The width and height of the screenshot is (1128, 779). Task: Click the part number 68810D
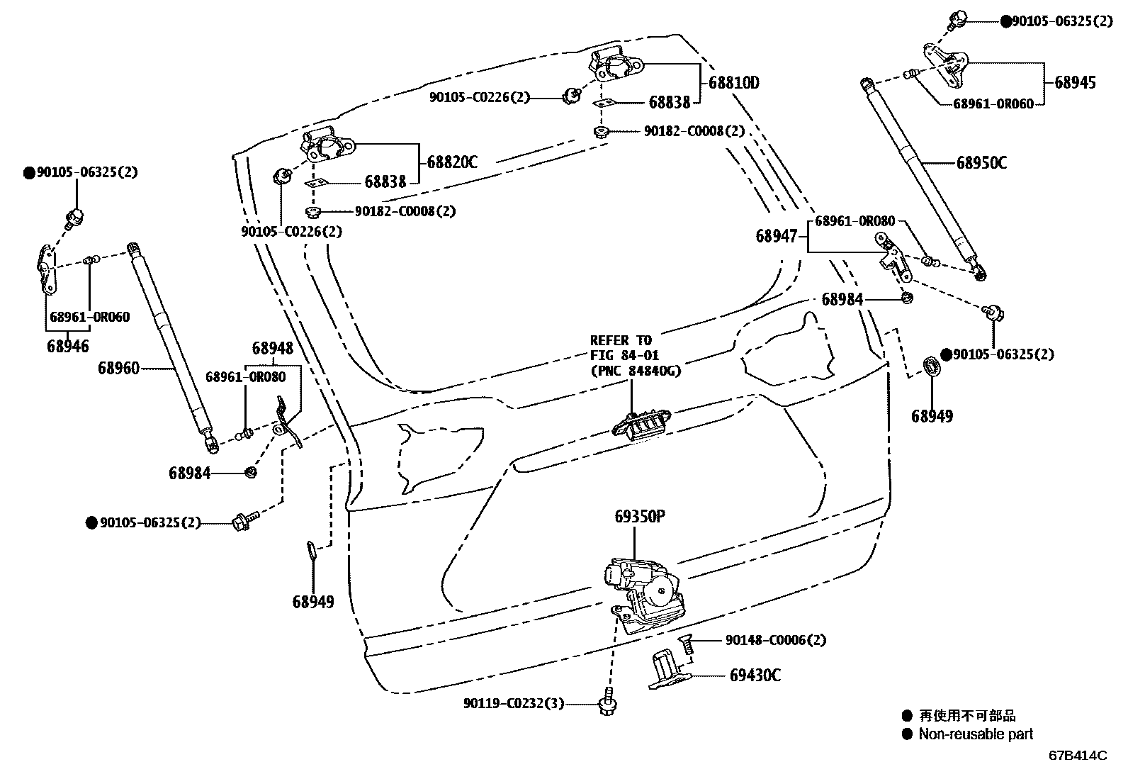click(x=734, y=83)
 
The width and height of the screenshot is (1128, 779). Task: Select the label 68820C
click(x=452, y=162)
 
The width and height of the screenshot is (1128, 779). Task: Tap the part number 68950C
click(x=981, y=163)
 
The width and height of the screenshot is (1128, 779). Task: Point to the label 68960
click(x=118, y=368)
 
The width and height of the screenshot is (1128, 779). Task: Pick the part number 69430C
click(x=755, y=676)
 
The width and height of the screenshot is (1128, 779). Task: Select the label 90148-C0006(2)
click(x=775, y=640)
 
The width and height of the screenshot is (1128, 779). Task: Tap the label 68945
click(x=1075, y=82)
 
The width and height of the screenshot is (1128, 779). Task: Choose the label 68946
click(x=68, y=347)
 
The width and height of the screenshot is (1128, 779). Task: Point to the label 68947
click(x=777, y=237)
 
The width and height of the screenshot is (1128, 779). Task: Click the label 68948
click(x=273, y=348)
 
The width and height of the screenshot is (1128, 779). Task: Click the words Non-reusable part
click(x=976, y=734)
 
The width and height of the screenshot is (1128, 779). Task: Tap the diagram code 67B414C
click(x=1078, y=756)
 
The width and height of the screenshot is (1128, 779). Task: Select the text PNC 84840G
click(x=635, y=370)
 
